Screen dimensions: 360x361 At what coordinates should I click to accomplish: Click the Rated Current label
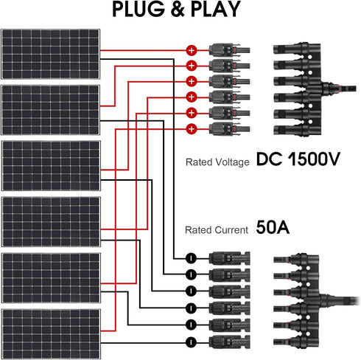(216, 230)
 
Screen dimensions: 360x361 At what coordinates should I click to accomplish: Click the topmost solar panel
(51, 55)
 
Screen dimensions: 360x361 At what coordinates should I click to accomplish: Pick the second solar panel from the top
(51, 110)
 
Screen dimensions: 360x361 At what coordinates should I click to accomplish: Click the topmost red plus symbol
(192, 51)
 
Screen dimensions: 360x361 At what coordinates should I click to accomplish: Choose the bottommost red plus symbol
(192, 129)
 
